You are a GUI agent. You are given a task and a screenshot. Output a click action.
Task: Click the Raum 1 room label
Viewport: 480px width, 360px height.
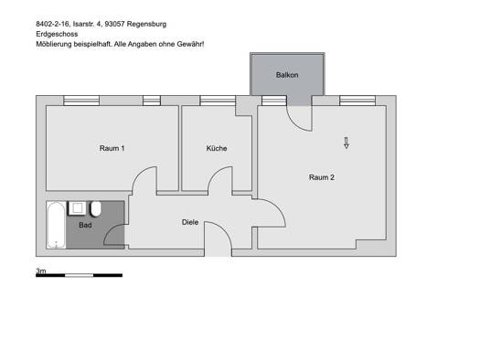[112, 148]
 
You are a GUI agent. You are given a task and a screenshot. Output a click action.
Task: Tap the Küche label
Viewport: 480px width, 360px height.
[217, 148]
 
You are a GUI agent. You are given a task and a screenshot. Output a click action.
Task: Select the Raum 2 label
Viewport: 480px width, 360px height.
[322, 177]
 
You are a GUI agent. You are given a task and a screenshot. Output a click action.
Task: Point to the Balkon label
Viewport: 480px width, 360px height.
[287, 75]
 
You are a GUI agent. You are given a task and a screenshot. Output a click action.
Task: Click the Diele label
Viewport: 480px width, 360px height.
[190, 222]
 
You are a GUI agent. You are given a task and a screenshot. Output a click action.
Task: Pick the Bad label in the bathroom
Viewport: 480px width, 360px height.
[85, 225]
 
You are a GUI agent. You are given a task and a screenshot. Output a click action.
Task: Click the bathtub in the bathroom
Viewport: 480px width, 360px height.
[56, 225]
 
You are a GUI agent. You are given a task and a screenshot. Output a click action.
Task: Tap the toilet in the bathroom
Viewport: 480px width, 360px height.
[95, 209]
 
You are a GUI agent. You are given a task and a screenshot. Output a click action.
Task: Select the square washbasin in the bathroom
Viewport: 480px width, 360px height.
[77, 208]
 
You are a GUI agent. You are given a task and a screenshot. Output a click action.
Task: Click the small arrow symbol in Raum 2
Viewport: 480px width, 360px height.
[347, 143]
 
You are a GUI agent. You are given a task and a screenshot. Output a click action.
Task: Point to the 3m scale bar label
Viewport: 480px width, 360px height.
[41, 270]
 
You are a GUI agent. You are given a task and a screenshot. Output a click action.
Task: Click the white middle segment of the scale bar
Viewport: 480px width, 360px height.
[79, 276]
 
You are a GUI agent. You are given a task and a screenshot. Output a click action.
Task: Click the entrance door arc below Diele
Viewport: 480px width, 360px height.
[223, 230]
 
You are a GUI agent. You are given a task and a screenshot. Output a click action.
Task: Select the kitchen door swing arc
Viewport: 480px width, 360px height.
[215, 174]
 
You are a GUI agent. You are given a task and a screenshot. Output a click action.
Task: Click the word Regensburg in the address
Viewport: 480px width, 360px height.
[146, 24]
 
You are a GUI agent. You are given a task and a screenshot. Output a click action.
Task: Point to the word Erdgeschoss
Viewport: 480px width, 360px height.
[57, 34]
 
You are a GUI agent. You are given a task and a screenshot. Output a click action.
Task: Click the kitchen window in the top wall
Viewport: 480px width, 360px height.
[218, 101]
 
